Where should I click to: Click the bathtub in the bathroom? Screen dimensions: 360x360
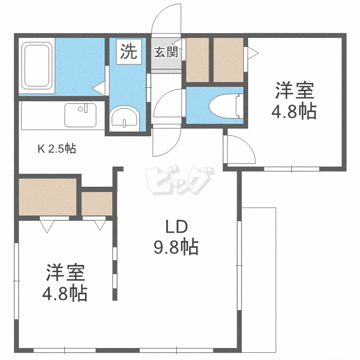tap(37, 67)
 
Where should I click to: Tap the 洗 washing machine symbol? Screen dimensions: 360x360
tap(128, 51)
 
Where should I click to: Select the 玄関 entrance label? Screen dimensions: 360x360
tap(166, 52)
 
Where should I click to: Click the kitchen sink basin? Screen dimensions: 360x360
tap(80, 115)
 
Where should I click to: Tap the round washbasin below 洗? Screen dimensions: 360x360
tap(124, 118)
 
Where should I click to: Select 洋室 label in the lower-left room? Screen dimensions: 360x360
tap(66, 272)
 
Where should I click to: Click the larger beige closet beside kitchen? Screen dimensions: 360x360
tap(48, 196)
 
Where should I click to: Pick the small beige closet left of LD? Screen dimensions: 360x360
tap(97, 203)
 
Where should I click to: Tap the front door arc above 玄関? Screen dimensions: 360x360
tap(166, 19)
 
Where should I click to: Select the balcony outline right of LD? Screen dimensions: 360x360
tap(259, 278)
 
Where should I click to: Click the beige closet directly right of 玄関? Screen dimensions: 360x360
tap(197, 60)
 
